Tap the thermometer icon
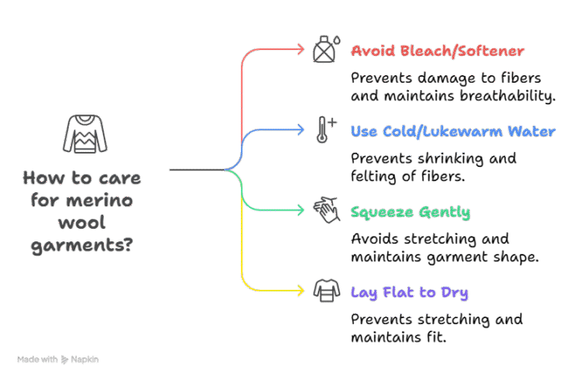coord(324,130)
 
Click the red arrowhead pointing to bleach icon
coord(300,49)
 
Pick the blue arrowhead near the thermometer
coord(300,129)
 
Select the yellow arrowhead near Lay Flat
coord(300,291)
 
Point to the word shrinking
coord(453,159)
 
